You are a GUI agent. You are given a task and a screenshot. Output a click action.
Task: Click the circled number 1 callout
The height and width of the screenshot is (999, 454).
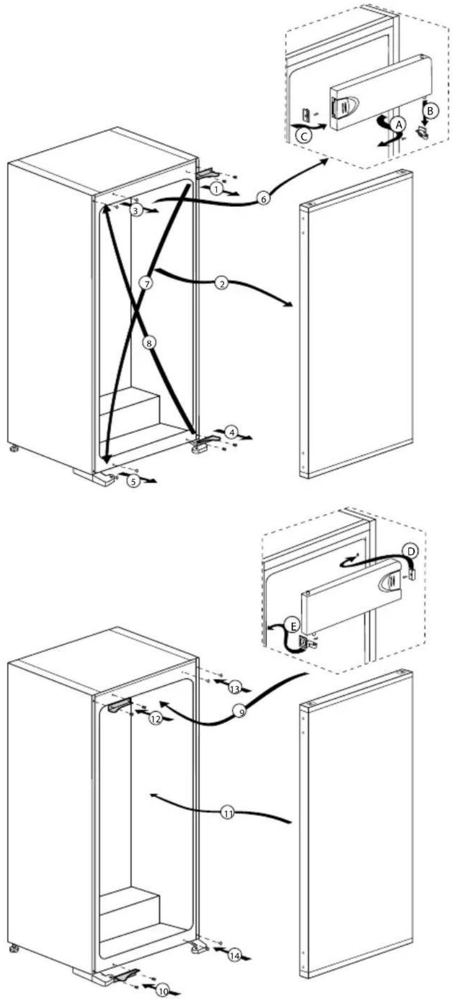point(216,188)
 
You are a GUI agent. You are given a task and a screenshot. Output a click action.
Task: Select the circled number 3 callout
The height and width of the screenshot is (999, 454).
point(137,211)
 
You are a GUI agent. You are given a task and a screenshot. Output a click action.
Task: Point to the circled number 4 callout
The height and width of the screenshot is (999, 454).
point(230,433)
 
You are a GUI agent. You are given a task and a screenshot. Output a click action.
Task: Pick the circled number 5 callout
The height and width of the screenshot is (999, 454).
point(134,481)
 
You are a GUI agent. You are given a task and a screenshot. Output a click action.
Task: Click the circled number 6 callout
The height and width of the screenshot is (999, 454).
point(262,199)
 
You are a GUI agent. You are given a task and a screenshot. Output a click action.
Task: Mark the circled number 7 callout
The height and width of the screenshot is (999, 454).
point(148,283)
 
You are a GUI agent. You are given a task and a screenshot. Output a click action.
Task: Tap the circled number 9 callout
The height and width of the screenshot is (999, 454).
point(242,712)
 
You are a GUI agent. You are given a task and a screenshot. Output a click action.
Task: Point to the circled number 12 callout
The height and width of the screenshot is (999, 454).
point(156,719)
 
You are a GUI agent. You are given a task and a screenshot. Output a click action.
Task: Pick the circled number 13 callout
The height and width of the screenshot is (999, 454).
point(235,689)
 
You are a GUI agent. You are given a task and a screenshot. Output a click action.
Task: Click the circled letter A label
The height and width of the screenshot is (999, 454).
point(398,125)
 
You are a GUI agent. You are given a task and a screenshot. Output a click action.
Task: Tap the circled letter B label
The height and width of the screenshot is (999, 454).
point(431,110)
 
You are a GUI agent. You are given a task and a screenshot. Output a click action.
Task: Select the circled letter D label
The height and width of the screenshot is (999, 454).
point(411,551)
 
